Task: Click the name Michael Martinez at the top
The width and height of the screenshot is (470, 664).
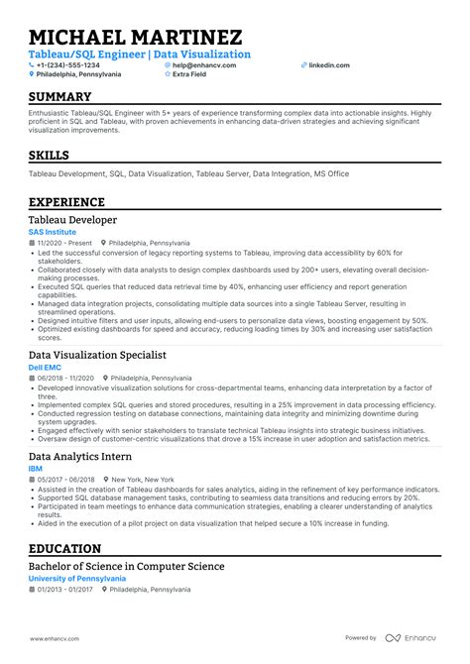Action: (136, 36)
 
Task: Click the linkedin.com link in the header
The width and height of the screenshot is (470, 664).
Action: (328, 64)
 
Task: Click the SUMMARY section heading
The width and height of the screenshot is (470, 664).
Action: (59, 97)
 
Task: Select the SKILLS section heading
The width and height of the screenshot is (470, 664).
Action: (49, 156)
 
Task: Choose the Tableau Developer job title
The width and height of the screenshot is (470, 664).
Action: (72, 219)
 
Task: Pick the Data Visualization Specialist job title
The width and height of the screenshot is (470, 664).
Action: (96, 354)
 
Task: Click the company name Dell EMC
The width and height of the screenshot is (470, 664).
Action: (43, 367)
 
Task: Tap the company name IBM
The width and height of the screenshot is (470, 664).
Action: (36, 469)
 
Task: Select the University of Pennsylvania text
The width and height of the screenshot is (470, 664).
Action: (77, 578)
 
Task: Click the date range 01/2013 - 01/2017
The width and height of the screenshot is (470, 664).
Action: (64, 588)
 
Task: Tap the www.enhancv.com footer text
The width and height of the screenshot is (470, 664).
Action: (53, 638)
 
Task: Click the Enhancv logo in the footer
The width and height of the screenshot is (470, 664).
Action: (412, 637)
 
